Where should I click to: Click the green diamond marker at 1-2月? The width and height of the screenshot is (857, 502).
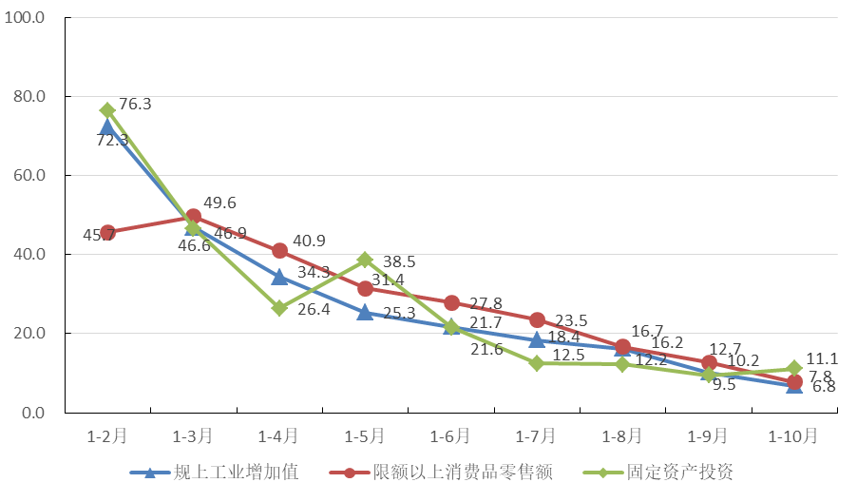[x=107, y=110]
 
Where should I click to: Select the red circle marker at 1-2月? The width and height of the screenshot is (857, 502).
[x=107, y=232]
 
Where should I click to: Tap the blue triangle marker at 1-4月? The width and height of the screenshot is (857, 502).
[x=279, y=277]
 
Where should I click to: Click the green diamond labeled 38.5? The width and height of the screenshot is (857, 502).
[x=366, y=260]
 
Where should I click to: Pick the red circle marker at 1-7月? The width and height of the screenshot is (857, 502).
[x=537, y=319]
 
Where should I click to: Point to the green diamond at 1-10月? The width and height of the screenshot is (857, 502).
[x=794, y=369]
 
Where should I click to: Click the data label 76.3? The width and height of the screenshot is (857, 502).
[x=135, y=104]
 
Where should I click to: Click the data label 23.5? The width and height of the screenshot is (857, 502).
[x=570, y=321]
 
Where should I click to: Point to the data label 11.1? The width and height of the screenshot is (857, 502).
[x=823, y=358]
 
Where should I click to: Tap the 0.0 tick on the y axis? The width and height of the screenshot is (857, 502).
[x=34, y=413]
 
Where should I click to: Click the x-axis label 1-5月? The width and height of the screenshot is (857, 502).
[x=365, y=436]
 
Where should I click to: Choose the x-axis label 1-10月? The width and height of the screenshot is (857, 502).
[x=793, y=436]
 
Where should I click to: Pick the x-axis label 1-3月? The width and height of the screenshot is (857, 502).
[x=193, y=436]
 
